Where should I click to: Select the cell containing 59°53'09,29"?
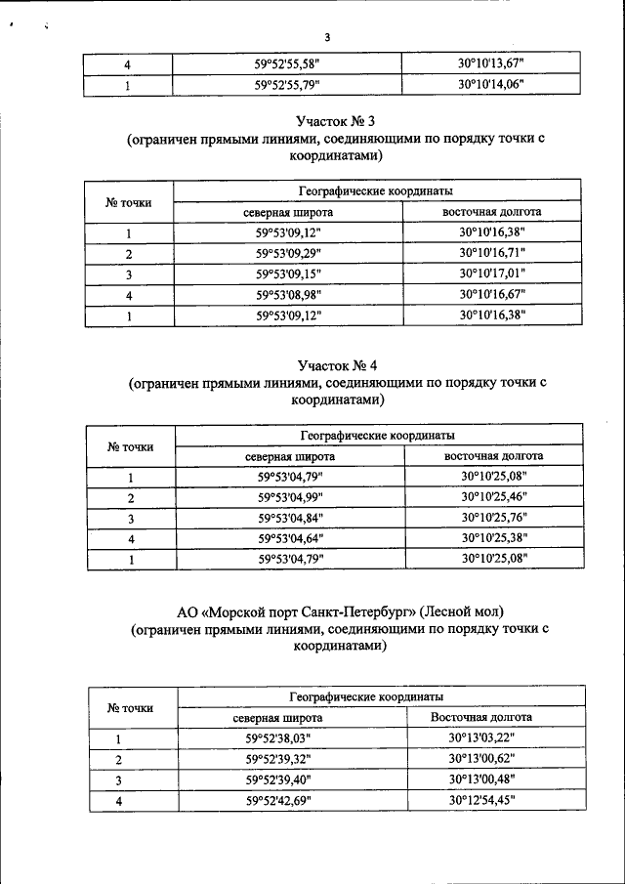[288, 254]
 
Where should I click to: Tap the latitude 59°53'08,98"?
[288, 295]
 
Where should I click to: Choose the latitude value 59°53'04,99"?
[290, 498]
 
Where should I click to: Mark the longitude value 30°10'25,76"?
[493, 519]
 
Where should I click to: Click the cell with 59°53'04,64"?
[290, 539]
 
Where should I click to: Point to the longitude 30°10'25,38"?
[493, 539]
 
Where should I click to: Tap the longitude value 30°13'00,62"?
[481, 760]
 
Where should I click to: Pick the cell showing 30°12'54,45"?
[481, 801]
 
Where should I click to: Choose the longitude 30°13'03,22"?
[481, 739]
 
